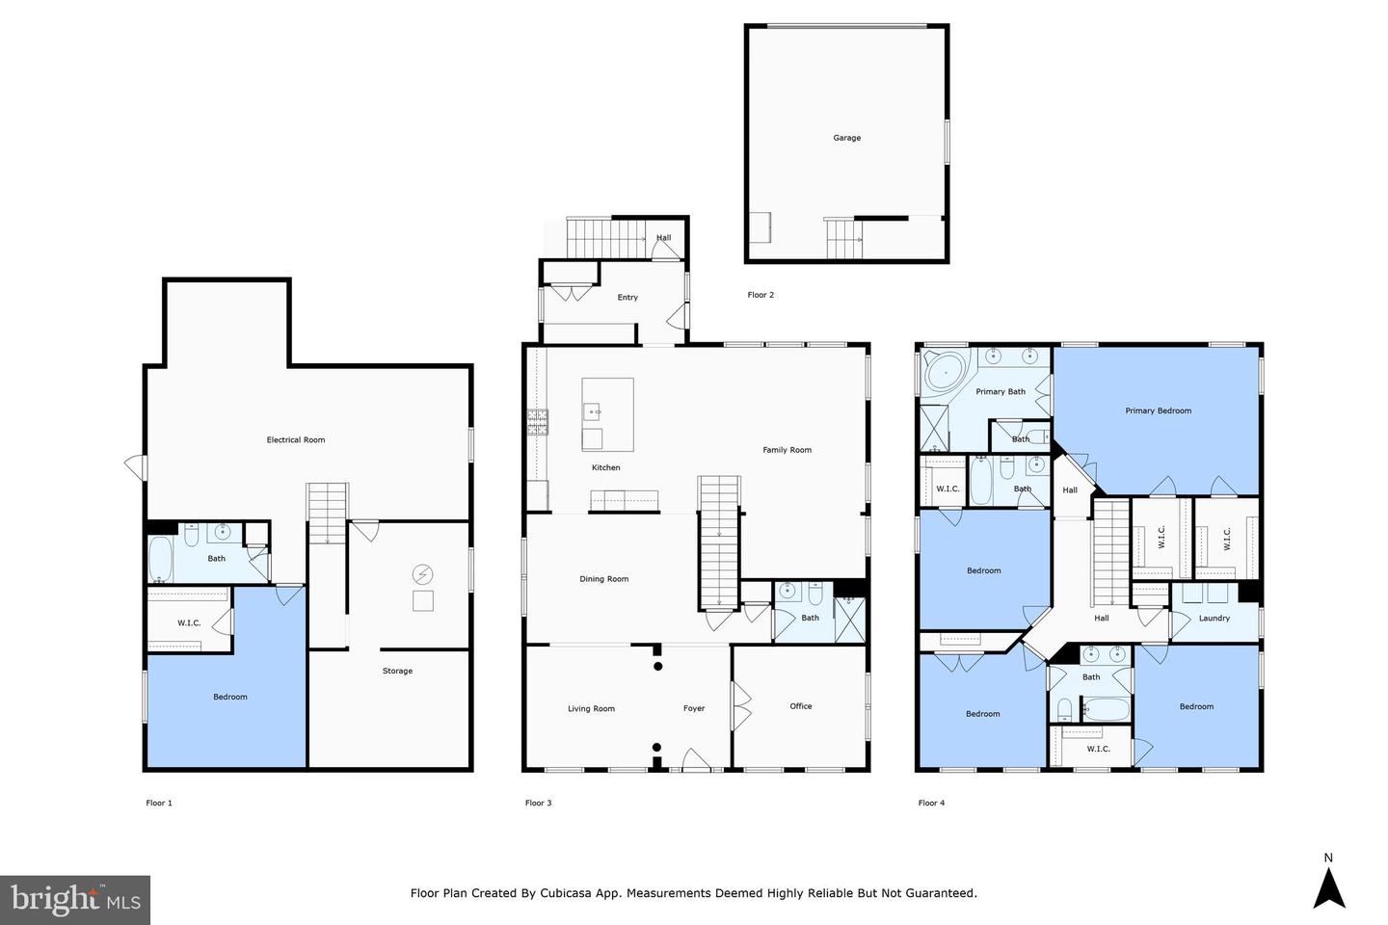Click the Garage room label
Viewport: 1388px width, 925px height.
[x=846, y=138]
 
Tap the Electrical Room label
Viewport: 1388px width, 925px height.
[x=296, y=440]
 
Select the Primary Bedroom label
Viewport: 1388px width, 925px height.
[x=1159, y=410]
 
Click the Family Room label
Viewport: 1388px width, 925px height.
[x=787, y=450]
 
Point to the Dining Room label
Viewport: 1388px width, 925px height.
[x=604, y=579]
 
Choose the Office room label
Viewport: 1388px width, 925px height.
[x=801, y=706]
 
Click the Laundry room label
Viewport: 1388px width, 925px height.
[x=1214, y=619]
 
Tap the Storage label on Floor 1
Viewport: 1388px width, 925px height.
[x=397, y=671]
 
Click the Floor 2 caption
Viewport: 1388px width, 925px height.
[x=761, y=295]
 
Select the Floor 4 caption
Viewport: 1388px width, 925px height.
[x=931, y=803]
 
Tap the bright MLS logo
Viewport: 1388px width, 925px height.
[x=75, y=900]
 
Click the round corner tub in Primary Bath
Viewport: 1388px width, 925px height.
[x=946, y=373]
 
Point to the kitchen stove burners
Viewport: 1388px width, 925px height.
[x=537, y=421]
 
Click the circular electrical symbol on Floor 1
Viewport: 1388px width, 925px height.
[x=422, y=575]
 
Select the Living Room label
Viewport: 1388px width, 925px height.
[x=591, y=709]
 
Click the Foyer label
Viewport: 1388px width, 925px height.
[x=694, y=709]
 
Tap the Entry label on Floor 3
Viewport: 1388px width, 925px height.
[x=627, y=298]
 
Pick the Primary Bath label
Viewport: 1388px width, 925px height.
[x=1001, y=391]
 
